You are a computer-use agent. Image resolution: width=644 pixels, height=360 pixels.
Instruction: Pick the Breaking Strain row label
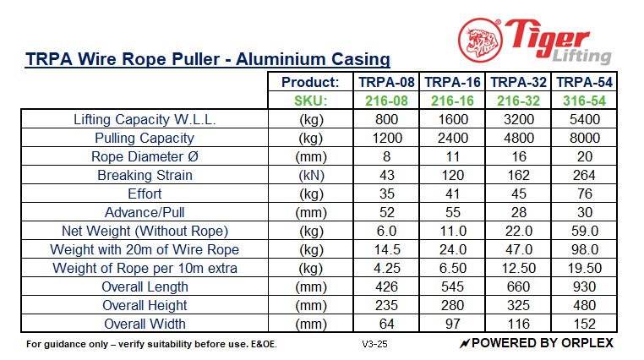click(145, 175)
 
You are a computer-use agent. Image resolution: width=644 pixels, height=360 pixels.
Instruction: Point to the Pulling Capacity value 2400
click(453, 138)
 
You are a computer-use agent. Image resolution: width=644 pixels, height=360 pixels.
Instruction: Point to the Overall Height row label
click(145, 305)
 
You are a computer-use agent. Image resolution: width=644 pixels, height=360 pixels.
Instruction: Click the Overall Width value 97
click(453, 324)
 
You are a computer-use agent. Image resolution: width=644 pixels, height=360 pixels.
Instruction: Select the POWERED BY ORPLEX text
click(537, 343)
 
